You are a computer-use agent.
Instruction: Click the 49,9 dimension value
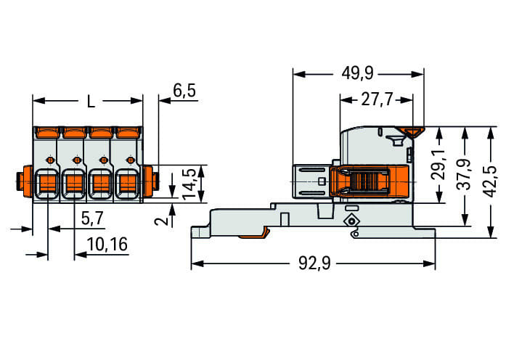[358, 73]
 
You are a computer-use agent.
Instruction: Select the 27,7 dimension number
[377, 99]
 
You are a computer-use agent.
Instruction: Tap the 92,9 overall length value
[314, 263]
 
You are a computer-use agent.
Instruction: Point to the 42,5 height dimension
[491, 181]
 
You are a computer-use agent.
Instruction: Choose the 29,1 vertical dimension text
[439, 165]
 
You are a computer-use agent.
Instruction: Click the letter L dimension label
[91, 102]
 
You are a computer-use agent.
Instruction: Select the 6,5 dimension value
[184, 91]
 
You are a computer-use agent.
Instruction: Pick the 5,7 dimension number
[92, 218]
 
